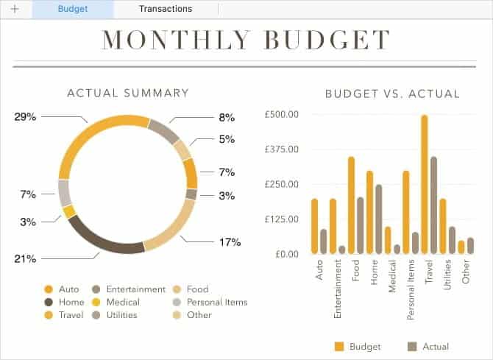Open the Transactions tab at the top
pyautogui.click(x=165, y=9)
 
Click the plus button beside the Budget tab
pyautogui.click(x=15, y=9)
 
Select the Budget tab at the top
pyautogui.click(x=72, y=9)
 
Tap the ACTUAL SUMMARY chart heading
pyautogui.click(x=128, y=93)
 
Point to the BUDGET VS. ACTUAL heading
pyautogui.click(x=392, y=93)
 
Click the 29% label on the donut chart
pyautogui.click(x=25, y=116)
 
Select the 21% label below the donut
pyautogui.click(x=25, y=258)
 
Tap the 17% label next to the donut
pyautogui.click(x=230, y=241)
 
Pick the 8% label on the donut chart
pyautogui.click(x=227, y=116)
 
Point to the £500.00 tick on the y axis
pyautogui.click(x=282, y=115)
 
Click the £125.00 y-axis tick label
pyautogui.click(x=282, y=219)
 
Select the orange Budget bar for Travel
pyautogui.click(x=425, y=184)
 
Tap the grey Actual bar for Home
pyautogui.click(x=378, y=219)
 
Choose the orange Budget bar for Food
pyautogui.click(x=351, y=205)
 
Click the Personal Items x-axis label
pyautogui.click(x=411, y=292)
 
